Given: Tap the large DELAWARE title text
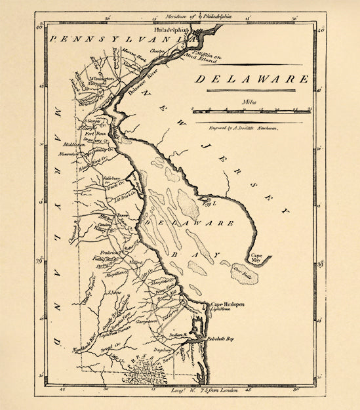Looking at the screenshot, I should click(x=252, y=79).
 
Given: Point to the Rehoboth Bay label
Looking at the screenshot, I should click(x=220, y=339).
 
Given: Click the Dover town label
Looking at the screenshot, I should click(x=123, y=214).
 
